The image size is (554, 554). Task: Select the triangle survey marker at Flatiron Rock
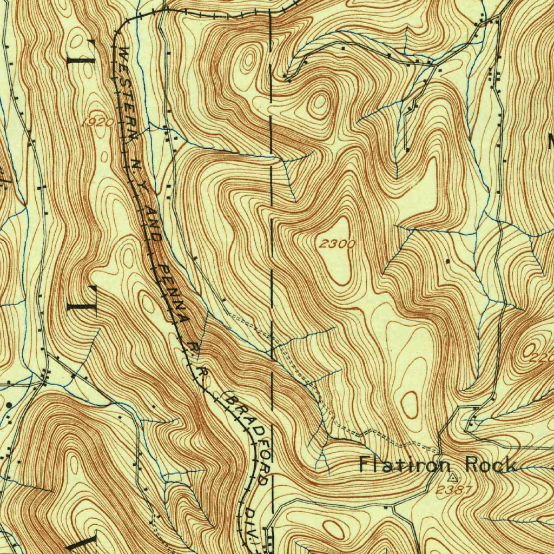[x=452, y=478]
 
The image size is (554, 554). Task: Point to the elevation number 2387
[x=454, y=490]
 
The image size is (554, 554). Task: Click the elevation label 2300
[x=337, y=244]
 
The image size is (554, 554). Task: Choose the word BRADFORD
[x=249, y=438]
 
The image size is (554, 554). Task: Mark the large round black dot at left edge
[x=9, y=405]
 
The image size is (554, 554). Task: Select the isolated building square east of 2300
[x=447, y=261]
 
